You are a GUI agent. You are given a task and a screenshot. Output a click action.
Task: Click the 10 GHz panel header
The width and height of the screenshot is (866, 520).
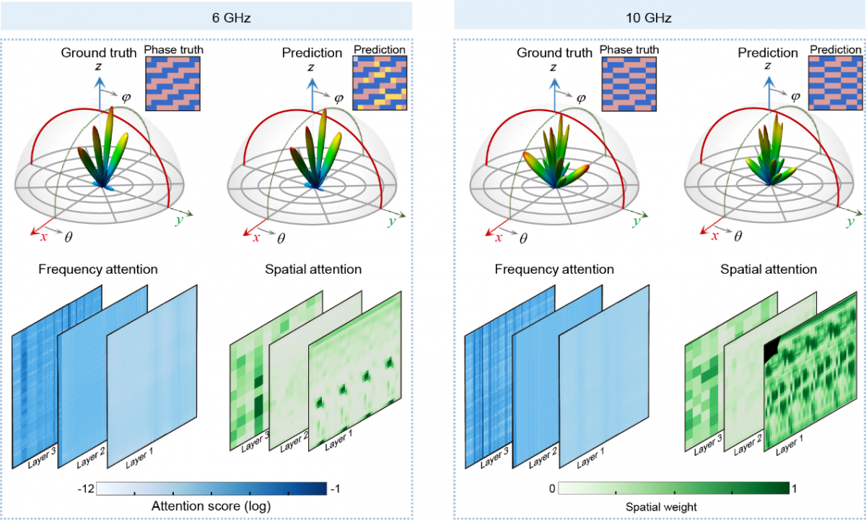659,16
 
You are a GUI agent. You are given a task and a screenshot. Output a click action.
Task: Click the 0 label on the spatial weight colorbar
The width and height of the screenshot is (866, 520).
551,489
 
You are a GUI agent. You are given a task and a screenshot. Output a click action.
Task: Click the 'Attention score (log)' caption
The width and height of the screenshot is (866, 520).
211,506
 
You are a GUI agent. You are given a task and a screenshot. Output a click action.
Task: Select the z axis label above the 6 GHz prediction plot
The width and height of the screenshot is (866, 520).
310,67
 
